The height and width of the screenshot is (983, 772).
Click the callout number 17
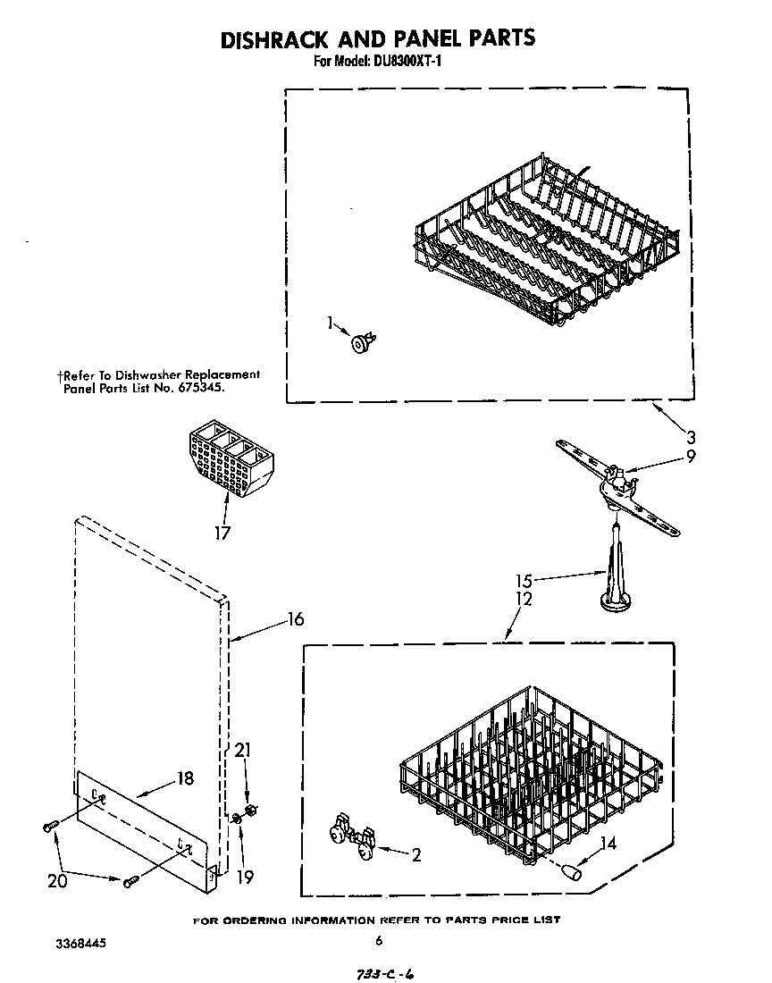[x=222, y=534]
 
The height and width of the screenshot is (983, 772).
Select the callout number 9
[x=690, y=456]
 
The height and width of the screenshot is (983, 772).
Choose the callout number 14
[x=608, y=841]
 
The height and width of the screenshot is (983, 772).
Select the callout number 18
[x=185, y=777]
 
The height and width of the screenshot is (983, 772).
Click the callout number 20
[x=57, y=879]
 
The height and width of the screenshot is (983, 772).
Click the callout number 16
[x=296, y=618]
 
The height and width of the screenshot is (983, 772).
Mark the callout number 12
[x=524, y=599]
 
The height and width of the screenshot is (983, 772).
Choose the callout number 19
[x=245, y=878]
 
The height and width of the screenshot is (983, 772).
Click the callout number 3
[x=692, y=437]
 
